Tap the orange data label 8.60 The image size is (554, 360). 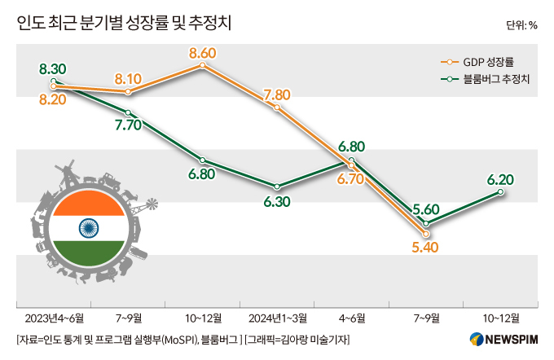202,54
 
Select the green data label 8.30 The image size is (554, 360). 52,68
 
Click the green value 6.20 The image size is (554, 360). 499,178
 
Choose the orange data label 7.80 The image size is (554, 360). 277,95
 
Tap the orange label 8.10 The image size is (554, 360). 129,79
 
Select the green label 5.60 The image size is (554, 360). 427,209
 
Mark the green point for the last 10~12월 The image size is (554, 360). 500,192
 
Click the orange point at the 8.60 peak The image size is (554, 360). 202,66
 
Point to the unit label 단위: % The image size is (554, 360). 521,24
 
